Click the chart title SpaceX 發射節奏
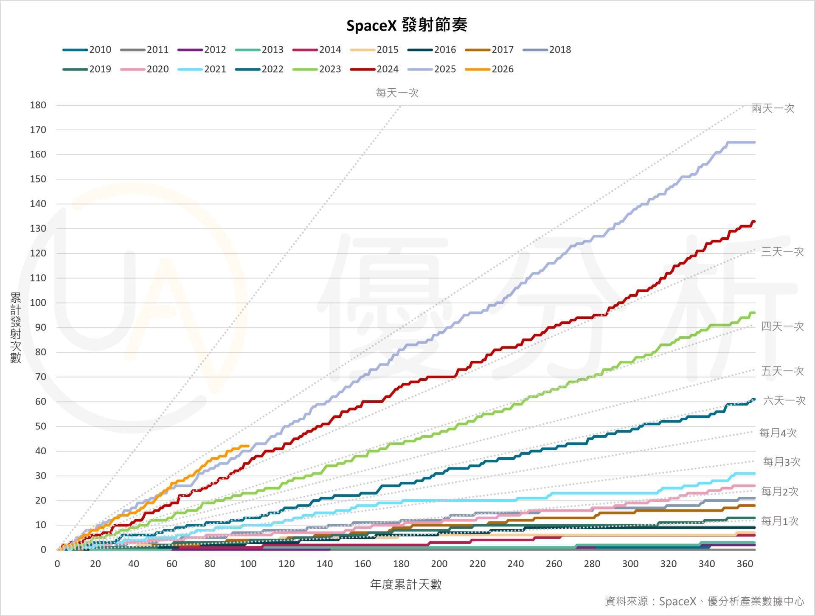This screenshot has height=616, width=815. tap(407, 25)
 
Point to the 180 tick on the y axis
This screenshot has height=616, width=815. tap(38, 105)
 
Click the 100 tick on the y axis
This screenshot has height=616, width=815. tap(38, 303)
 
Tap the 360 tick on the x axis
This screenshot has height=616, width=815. tap(745, 564)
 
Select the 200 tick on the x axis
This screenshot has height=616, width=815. tap(439, 564)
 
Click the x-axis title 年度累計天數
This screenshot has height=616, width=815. tap(406, 585)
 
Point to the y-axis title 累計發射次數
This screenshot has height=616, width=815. tap(16, 327)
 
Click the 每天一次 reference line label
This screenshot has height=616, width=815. tap(397, 93)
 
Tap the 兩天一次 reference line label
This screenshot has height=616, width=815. tap(773, 108)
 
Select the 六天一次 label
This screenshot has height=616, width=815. tap(784, 400)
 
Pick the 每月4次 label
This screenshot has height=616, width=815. tap(778, 433)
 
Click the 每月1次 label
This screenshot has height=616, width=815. tap(780, 521)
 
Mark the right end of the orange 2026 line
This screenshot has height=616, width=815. tap(248, 446)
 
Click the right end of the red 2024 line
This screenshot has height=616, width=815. tap(754, 221)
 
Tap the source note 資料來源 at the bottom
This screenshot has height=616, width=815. tap(704, 601)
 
